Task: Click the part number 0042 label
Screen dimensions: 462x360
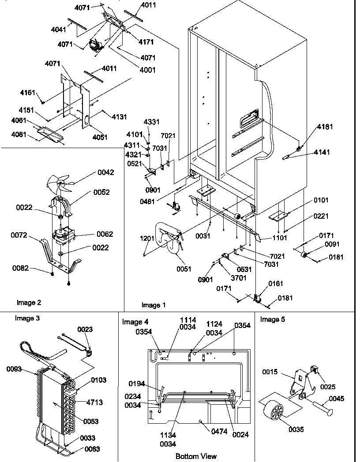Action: coord(105,172)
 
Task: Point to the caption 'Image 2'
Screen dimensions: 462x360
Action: coord(29,302)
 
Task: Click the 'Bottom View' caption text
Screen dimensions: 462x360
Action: coord(196,456)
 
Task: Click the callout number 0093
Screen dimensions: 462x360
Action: coord(15,369)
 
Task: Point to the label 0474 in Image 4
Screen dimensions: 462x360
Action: coord(219,432)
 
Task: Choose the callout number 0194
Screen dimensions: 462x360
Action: coord(137,383)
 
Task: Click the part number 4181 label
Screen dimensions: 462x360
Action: coord(324,127)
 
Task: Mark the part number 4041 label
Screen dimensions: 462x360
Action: coord(58,30)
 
